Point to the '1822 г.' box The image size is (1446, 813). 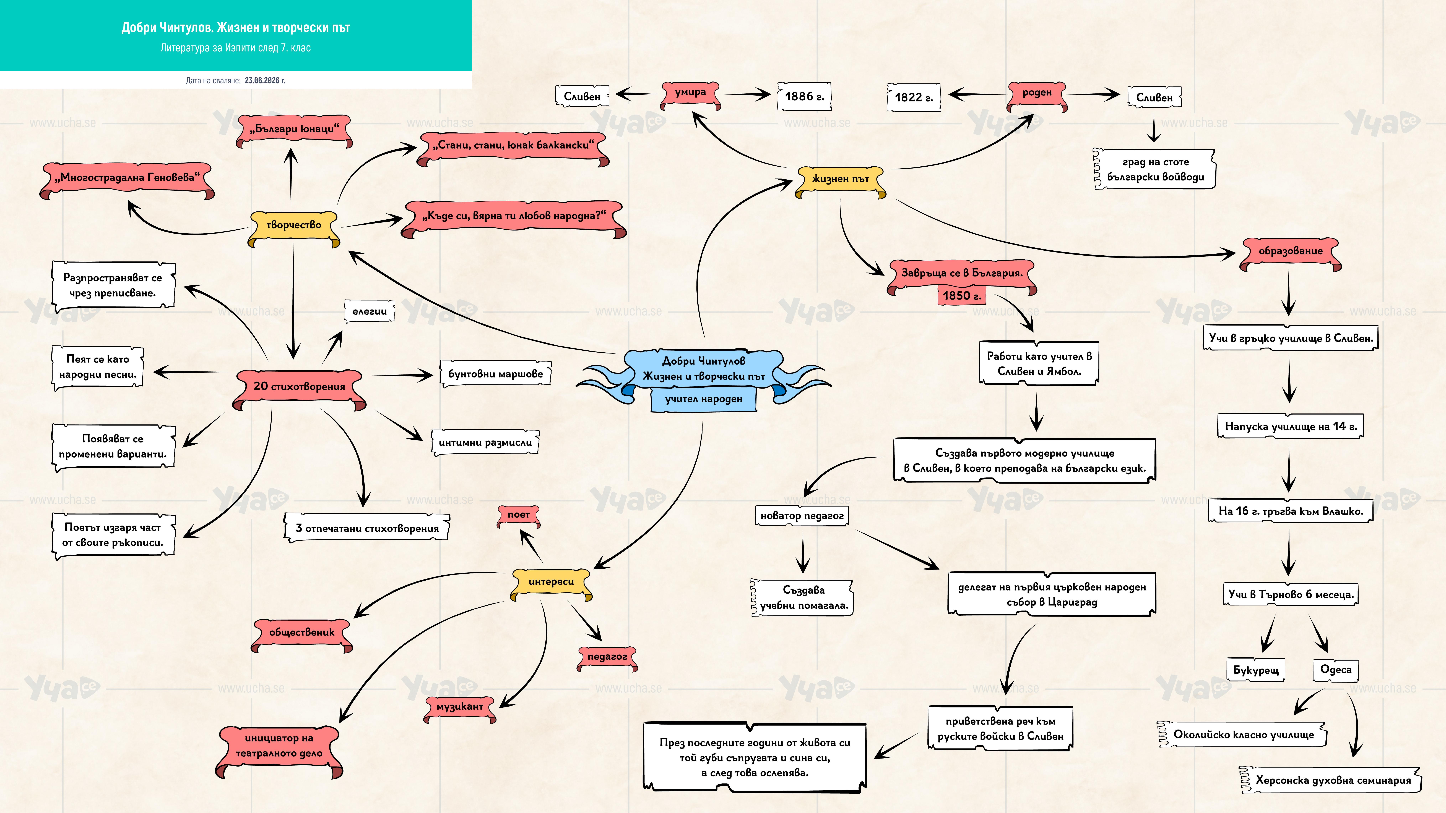pos(913,98)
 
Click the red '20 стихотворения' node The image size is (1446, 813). pos(299,388)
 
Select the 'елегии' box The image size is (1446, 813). pos(369,311)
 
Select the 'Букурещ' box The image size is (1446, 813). pos(1256,670)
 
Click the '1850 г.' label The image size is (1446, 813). pos(962,296)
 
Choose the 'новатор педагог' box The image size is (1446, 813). pos(802,516)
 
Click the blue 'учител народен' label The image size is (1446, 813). pos(703,400)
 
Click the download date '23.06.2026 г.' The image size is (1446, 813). pos(265,80)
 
